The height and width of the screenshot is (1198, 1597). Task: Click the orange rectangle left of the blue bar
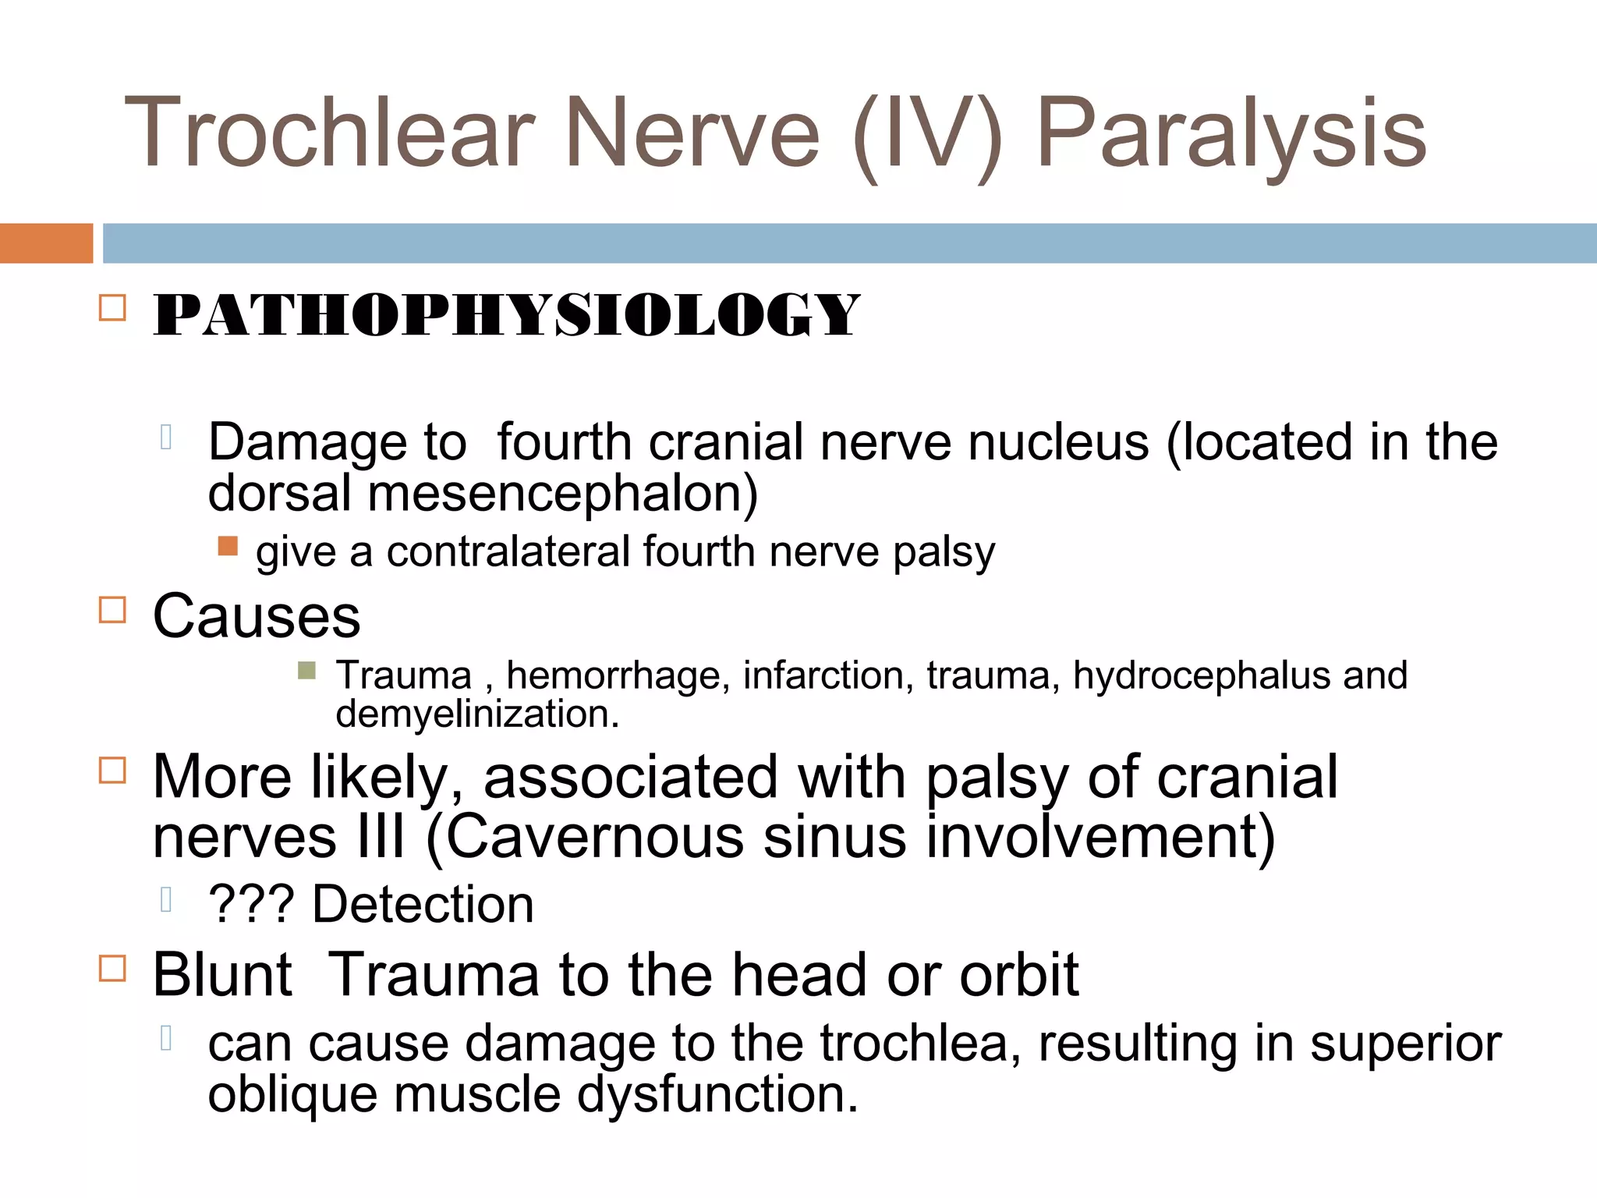pos(46,243)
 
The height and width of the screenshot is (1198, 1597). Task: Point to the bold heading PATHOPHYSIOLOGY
pos(506,315)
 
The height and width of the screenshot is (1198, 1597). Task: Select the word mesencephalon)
pos(562,494)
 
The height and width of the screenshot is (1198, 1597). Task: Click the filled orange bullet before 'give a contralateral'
pos(228,545)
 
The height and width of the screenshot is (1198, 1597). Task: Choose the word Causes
pos(257,616)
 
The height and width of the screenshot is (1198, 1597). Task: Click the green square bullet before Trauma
pos(306,670)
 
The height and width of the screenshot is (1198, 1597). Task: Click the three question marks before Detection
pos(251,905)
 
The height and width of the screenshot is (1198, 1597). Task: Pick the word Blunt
pos(222,975)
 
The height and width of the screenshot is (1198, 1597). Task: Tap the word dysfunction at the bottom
pos(717,1094)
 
